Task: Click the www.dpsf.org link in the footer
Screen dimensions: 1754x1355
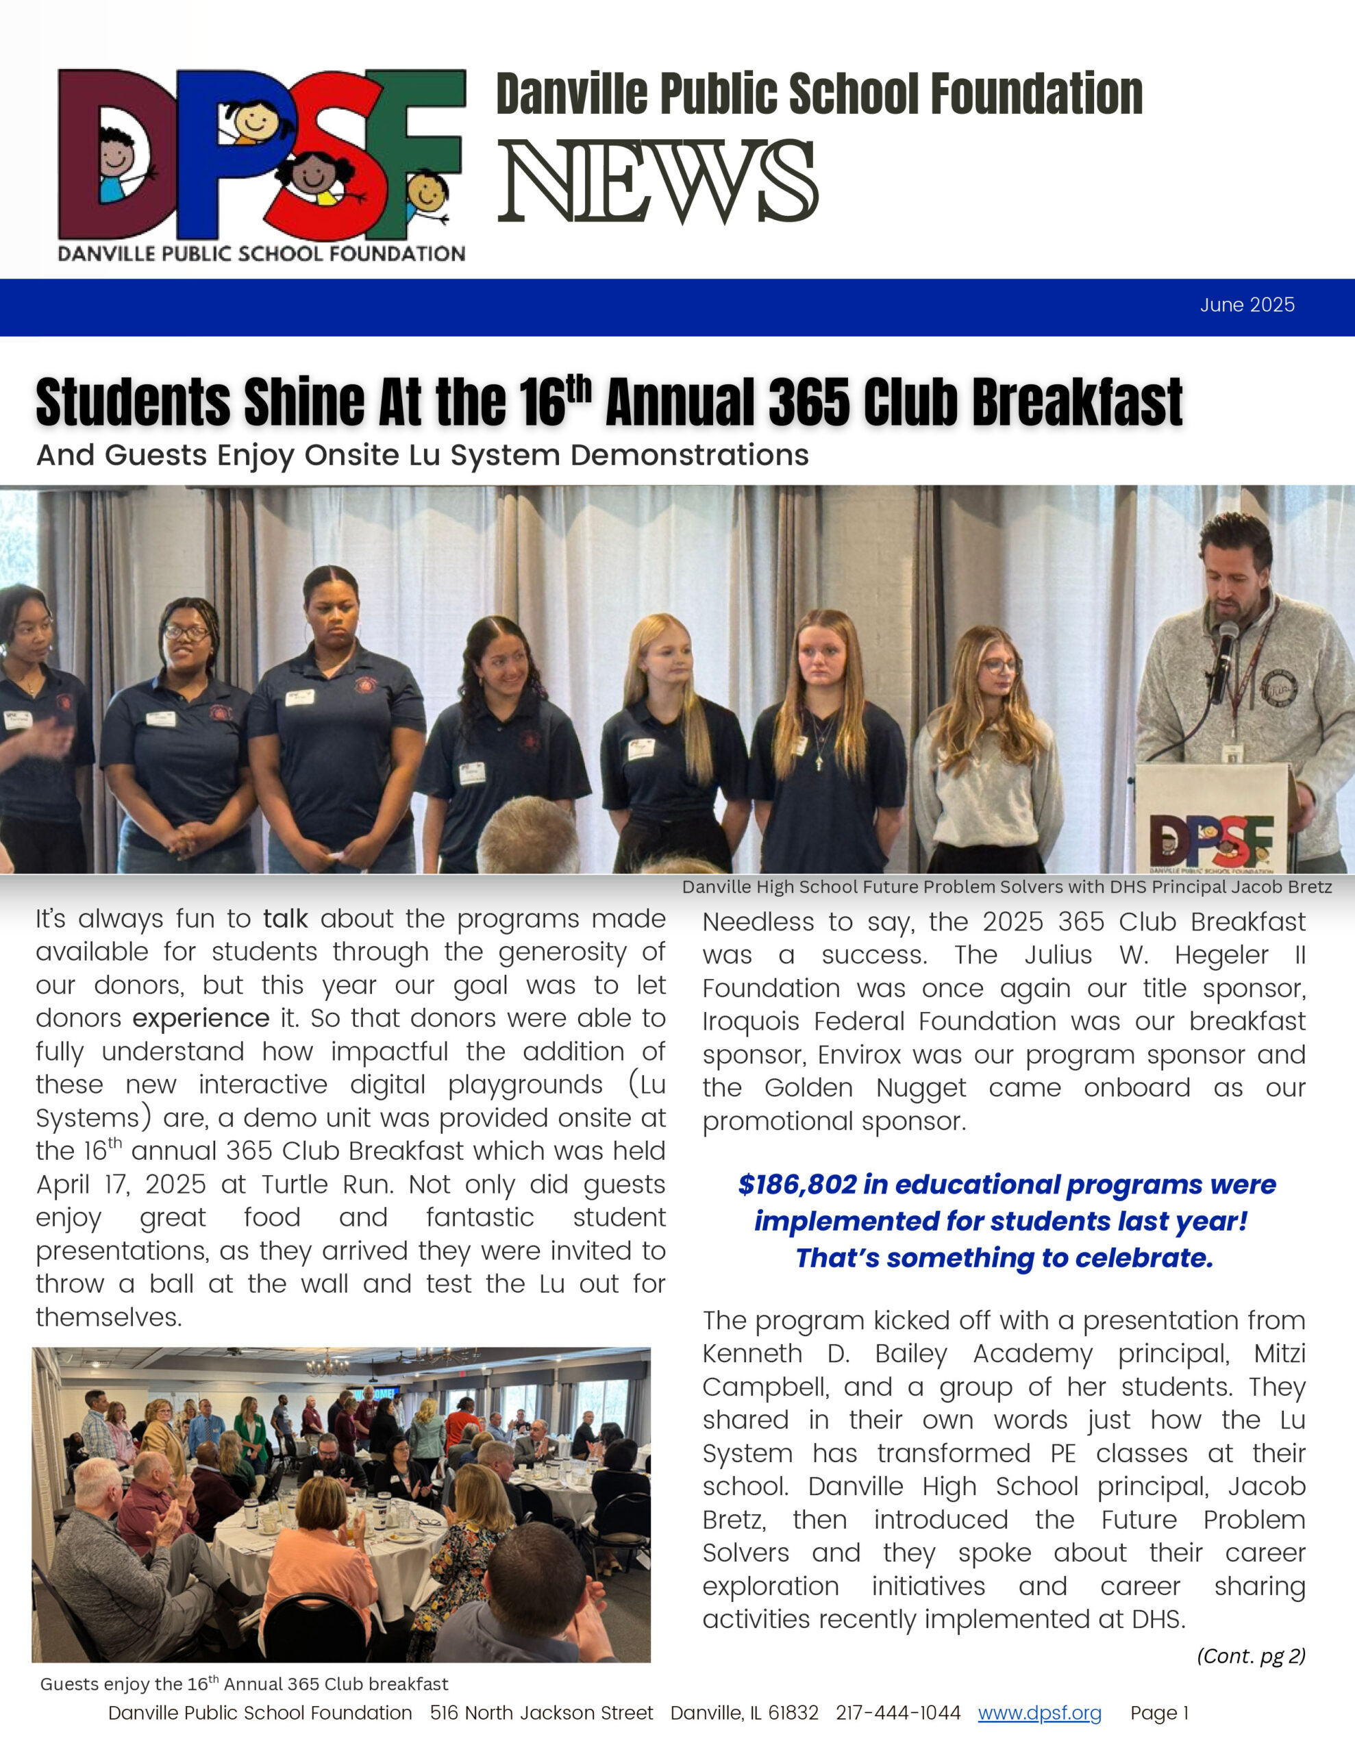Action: (x=1039, y=1713)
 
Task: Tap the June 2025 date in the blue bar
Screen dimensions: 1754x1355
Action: (x=1247, y=305)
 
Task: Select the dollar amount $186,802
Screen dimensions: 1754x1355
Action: (x=786, y=1185)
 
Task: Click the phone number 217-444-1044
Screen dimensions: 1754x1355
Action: (x=898, y=1713)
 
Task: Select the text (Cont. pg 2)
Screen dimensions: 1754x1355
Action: (x=1251, y=1656)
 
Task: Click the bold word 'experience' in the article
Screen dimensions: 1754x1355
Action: (x=201, y=1018)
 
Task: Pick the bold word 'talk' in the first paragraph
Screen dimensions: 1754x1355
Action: (x=285, y=919)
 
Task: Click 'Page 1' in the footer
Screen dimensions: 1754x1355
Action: (x=1159, y=1713)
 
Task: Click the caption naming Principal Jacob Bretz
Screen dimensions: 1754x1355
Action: (x=1006, y=887)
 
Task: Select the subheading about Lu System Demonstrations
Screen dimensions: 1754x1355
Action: (x=423, y=456)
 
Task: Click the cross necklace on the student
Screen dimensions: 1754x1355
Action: (x=819, y=759)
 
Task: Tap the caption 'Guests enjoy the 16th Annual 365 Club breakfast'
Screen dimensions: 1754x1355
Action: (x=244, y=1684)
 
